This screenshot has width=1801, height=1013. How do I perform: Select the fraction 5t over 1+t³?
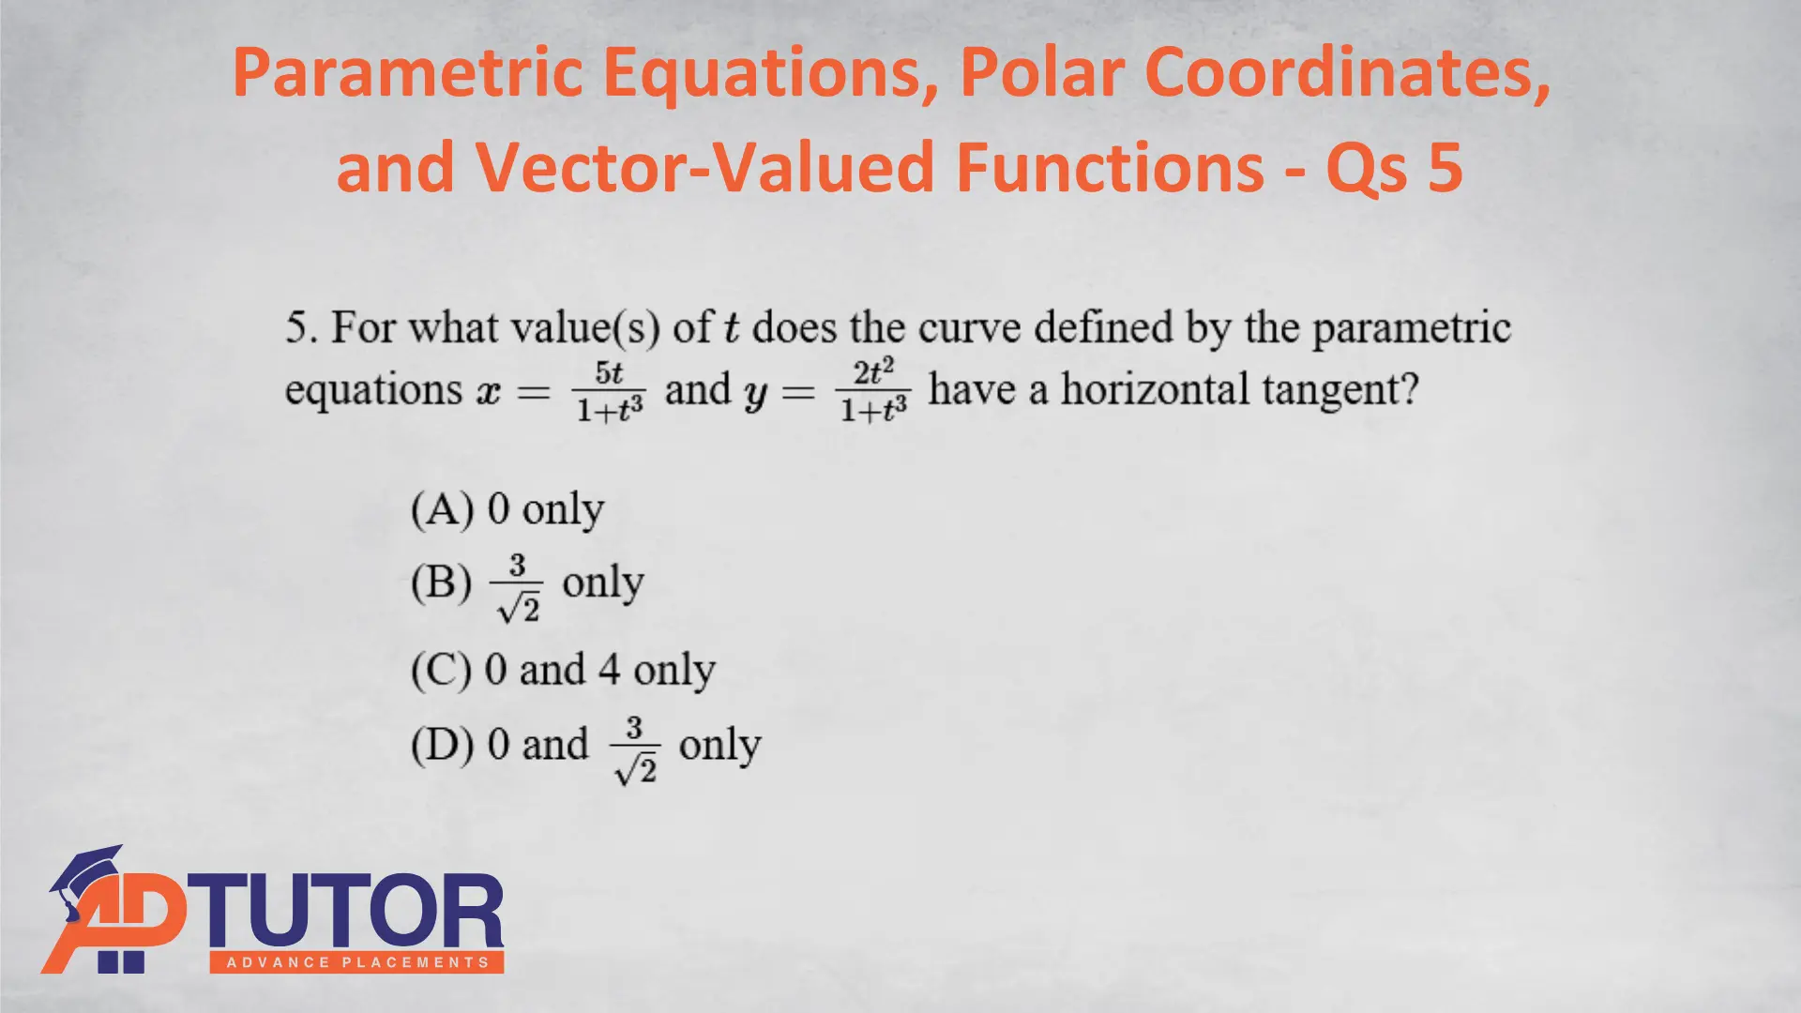610,391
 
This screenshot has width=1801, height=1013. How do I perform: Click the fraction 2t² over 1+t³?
873,390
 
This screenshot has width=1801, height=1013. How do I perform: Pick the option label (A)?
442,510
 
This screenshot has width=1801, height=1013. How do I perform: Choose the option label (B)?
441,582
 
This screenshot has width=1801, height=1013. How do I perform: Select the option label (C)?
441,671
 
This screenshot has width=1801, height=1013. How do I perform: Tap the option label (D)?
442,746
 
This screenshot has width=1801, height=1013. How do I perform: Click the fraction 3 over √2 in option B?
517,588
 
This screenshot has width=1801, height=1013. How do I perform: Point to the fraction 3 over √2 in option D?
635,750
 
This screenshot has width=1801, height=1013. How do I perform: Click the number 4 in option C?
610,670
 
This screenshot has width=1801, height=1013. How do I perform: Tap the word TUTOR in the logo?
353,911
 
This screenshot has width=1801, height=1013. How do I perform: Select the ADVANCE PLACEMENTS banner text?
357,962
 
